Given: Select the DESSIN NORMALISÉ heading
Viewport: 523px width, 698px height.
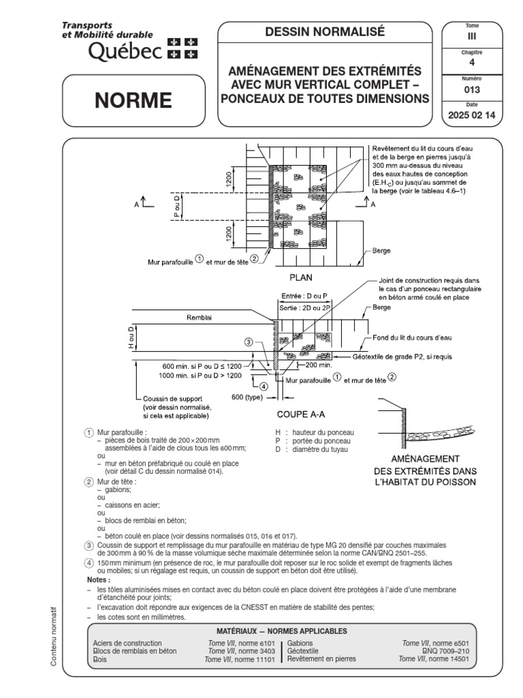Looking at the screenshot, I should (325, 31).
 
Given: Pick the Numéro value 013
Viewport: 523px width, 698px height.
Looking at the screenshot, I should (471, 89).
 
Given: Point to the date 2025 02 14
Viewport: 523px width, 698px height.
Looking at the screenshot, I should (471, 116).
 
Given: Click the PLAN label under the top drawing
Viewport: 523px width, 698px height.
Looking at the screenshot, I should (300, 278).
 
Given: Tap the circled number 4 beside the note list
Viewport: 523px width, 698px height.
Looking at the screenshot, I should (89, 563).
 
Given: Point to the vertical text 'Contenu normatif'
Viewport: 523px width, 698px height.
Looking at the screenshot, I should (54, 634).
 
